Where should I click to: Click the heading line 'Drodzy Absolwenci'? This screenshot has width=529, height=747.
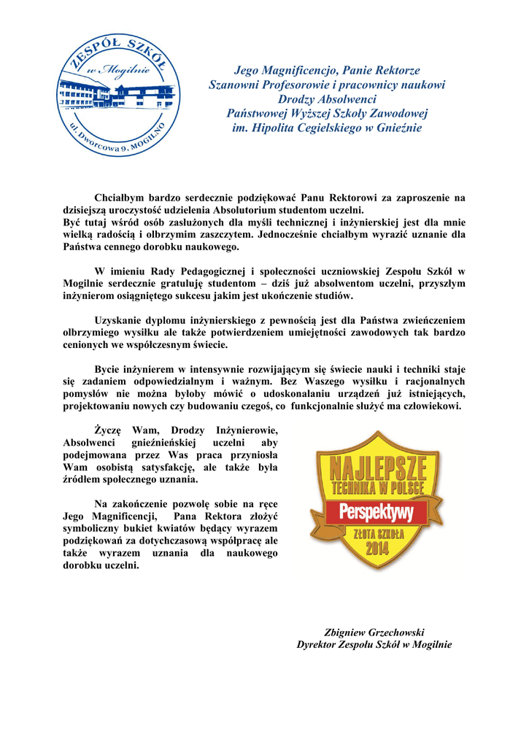(327, 99)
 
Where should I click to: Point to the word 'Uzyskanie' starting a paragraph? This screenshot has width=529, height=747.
(121, 320)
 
